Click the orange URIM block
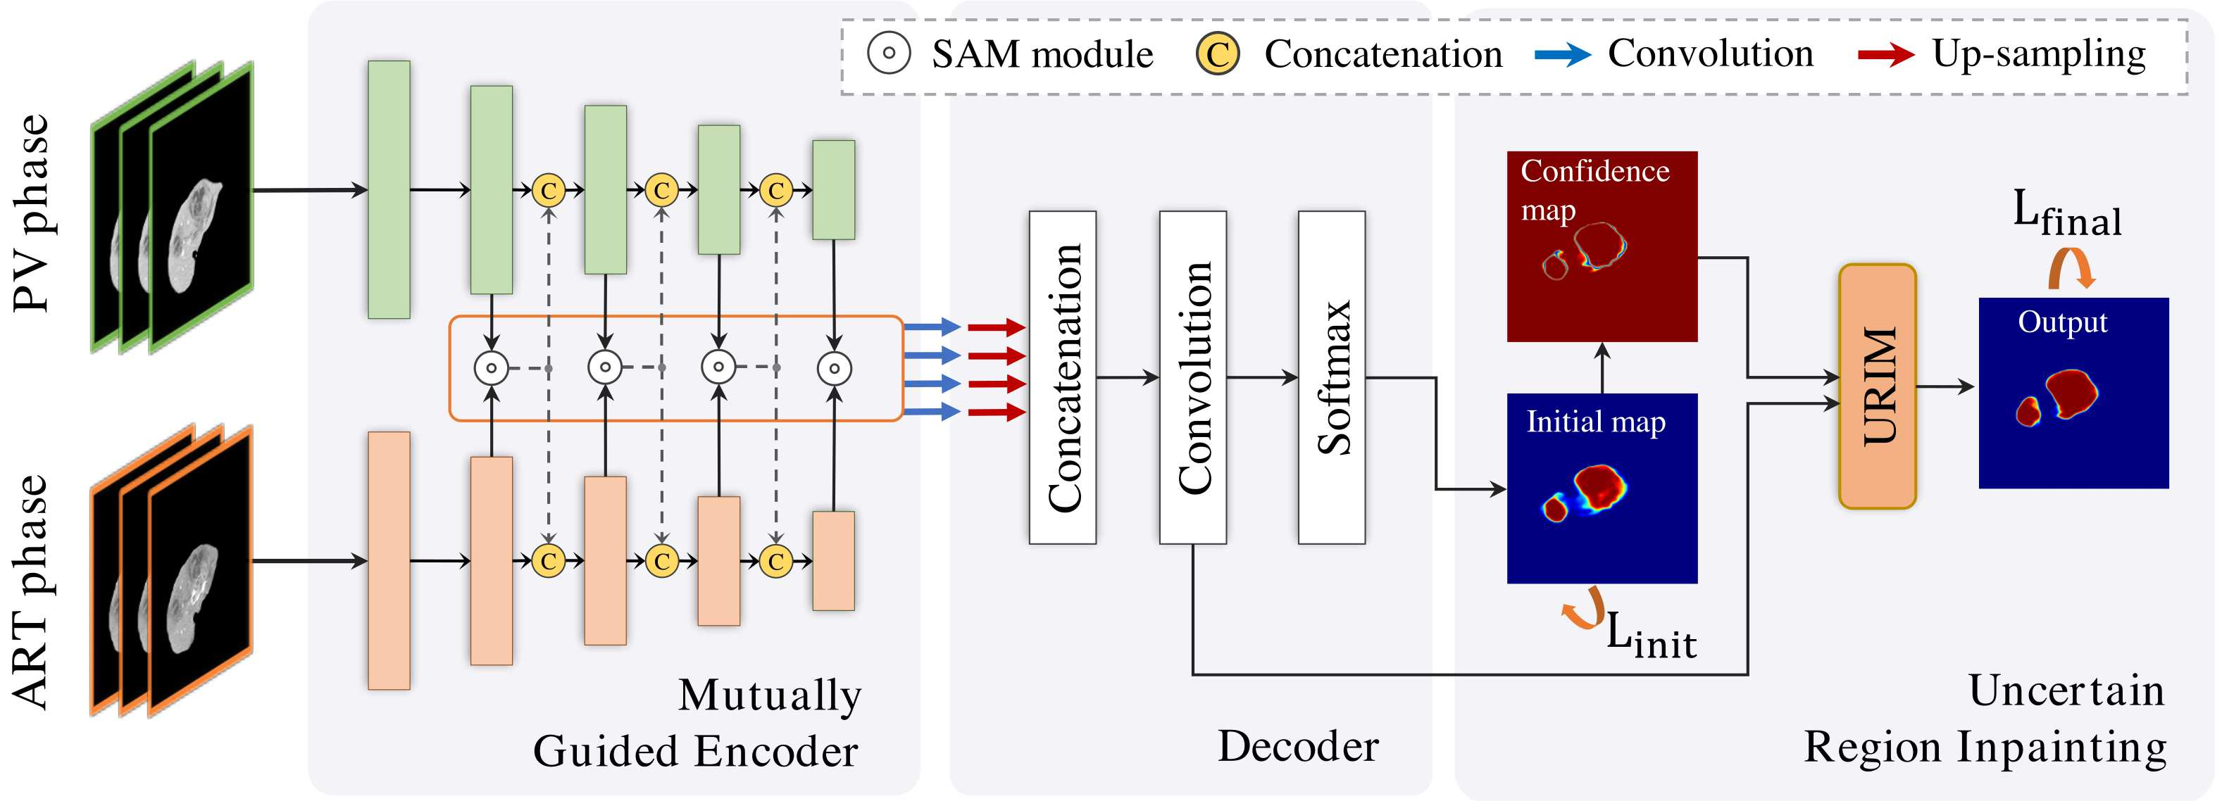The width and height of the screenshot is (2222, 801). [x=1877, y=386]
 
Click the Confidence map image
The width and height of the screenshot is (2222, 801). [x=1602, y=246]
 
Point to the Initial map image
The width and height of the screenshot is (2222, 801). [x=1602, y=488]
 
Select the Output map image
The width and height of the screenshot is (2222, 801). [x=2073, y=393]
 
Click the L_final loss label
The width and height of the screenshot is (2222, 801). [x=2067, y=214]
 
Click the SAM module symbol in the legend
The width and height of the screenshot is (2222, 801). [x=889, y=53]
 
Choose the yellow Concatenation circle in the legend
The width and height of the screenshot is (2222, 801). [x=1217, y=53]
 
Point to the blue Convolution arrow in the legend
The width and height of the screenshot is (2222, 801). [x=1563, y=55]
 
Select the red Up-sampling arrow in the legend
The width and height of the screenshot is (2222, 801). [x=1887, y=55]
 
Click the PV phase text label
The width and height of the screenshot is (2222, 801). [x=31, y=213]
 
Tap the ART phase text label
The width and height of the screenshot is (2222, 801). [x=31, y=593]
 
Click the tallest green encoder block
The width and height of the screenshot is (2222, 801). [x=389, y=189]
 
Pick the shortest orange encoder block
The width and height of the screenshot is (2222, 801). [x=833, y=561]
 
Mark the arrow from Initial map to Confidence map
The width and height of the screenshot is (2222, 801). [x=1602, y=367]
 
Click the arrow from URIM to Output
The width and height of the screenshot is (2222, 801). [x=1945, y=386]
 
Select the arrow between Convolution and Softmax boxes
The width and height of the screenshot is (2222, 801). [x=1262, y=377]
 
